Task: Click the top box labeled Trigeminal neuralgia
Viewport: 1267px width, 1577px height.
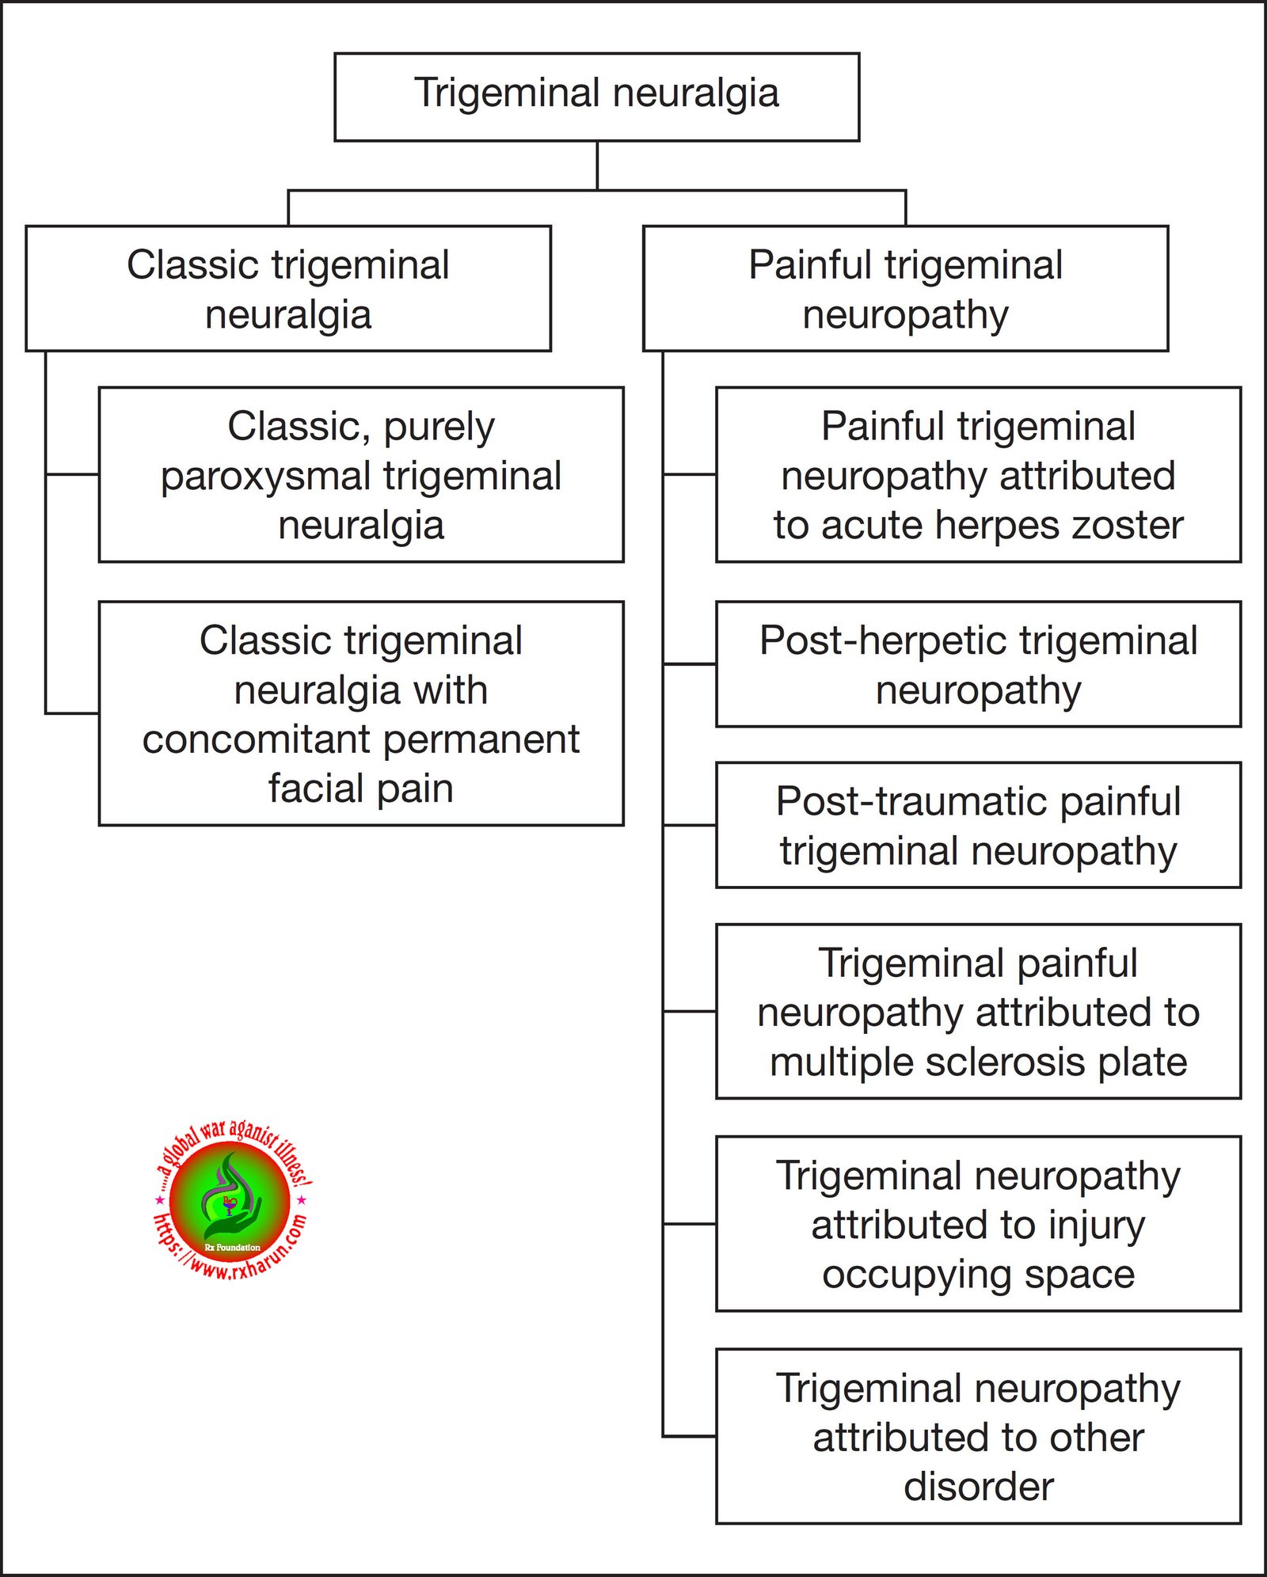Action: point(596,97)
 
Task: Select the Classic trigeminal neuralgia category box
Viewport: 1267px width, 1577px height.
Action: point(288,288)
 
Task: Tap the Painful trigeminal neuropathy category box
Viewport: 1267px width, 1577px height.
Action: point(905,288)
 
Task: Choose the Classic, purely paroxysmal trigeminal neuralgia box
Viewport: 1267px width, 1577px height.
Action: point(361,475)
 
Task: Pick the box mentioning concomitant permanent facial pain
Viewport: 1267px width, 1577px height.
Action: point(361,713)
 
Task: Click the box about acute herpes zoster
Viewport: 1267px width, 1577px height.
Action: point(978,475)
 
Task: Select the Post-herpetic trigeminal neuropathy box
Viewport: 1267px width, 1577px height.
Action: point(978,664)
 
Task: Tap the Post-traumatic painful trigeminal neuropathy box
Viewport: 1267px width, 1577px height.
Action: point(978,825)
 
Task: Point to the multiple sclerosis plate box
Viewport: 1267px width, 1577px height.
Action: point(978,1011)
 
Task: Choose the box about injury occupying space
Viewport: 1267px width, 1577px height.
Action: point(978,1224)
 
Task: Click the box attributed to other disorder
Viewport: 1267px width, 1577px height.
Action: point(978,1436)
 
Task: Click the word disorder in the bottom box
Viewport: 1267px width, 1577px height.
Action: point(978,1487)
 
